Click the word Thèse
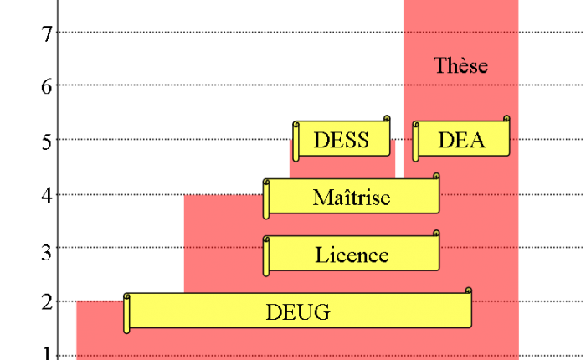(x=460, y=65)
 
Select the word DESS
(x=341, y=140)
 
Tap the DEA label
(x=461, y=140)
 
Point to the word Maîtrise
(x=352, y=198)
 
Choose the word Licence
(x=352, y=255)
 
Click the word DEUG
(x=298, y=313)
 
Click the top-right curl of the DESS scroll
(x=387, y=120)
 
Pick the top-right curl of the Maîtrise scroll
(x=436, y=177)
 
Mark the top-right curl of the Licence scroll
(x=436, y=234)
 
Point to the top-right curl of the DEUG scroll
(x=468, y=291)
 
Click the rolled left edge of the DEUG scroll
(x=127, y=314)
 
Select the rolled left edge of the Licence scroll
(x=266, y=255)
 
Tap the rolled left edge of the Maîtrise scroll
(x=266, y=199)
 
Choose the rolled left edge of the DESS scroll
(x=296, y=141)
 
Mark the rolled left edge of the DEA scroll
(x=416, y=141)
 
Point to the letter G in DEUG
(x=322, y=313)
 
